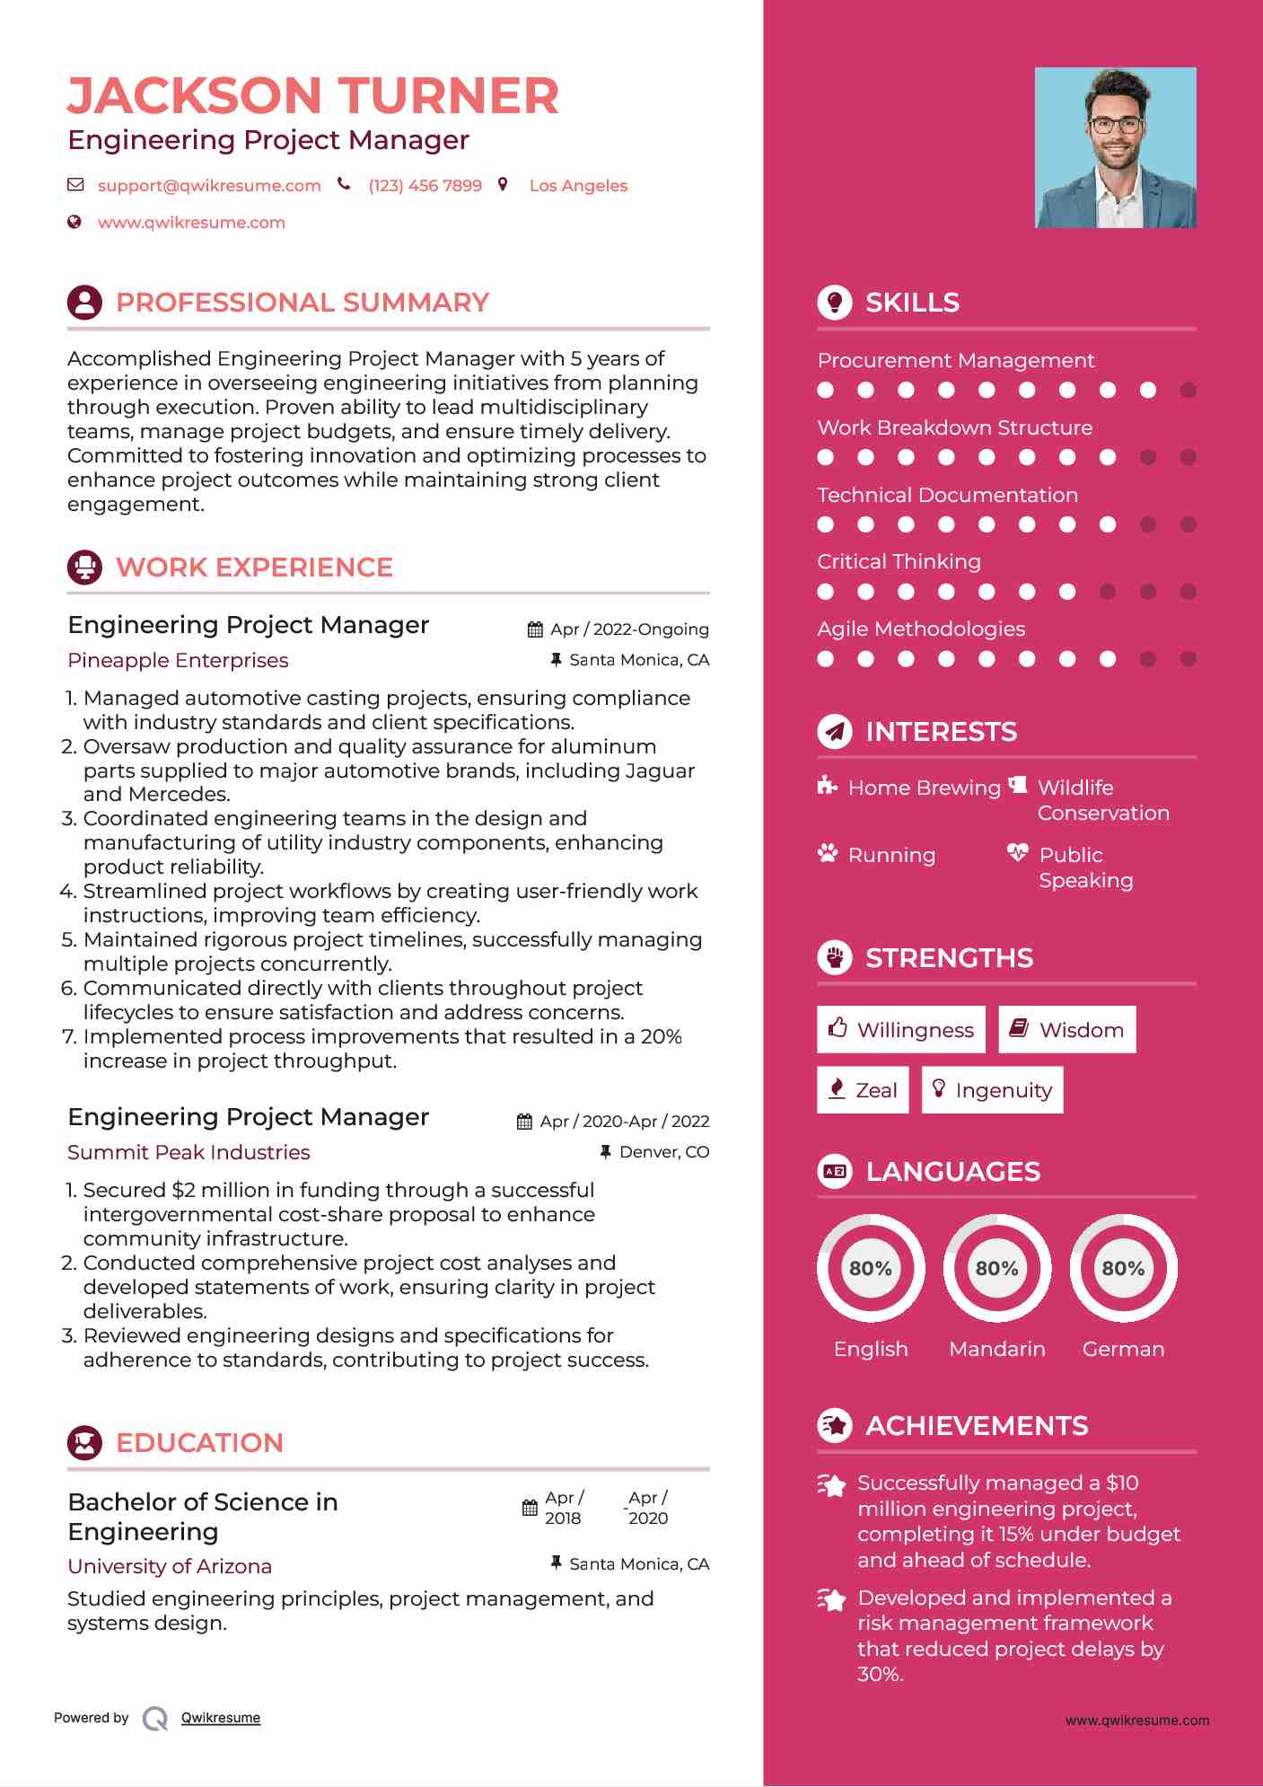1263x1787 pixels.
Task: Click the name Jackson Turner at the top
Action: [312, 96]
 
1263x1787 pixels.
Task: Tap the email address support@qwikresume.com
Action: [209, 186]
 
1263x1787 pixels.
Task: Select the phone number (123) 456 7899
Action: [425, 186]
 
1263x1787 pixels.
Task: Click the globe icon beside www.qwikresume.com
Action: [75, 222]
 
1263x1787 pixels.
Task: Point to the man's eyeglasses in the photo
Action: [1116, 124]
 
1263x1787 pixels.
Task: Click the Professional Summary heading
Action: [303, 303]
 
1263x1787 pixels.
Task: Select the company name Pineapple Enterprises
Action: [178, 660]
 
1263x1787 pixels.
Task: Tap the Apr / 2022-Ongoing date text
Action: [629, 629]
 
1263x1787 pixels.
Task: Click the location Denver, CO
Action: [664, 1152]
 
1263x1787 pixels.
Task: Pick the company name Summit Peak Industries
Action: [189, 1152]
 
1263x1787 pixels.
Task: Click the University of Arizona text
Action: [170, 1566]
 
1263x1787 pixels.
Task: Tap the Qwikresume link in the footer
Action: [221, 1718]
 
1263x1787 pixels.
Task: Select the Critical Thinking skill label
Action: [899, 561]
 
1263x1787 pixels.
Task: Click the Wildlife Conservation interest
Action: [1103, 800]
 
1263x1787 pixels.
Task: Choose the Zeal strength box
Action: [863, 1090]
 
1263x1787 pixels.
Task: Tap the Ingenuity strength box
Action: [992, 1090]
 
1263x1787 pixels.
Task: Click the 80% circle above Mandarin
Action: [997, 1268]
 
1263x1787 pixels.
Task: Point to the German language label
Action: [1123, 1349]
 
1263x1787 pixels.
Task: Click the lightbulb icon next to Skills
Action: [835, 303]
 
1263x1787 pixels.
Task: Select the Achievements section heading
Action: [977, 1426]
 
